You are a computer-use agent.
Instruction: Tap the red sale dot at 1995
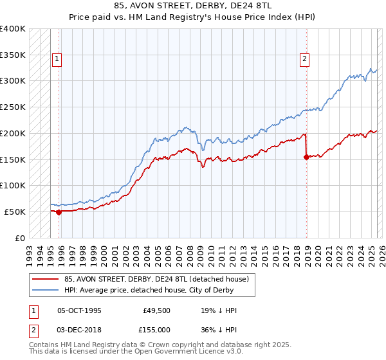pyautogui.click(x=59, y=212)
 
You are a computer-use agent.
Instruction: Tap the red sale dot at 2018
pyautogui.click(x=306, y=156)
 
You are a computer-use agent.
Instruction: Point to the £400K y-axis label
pyautogui.click(x=12, y=29)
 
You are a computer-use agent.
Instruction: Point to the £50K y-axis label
pyautogui.click(x=15, y=212)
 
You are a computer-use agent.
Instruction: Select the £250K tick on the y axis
pyautogui.click(x=12, y=107)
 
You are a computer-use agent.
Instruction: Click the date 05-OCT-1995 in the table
pyautogui.click(x=79, y=310)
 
